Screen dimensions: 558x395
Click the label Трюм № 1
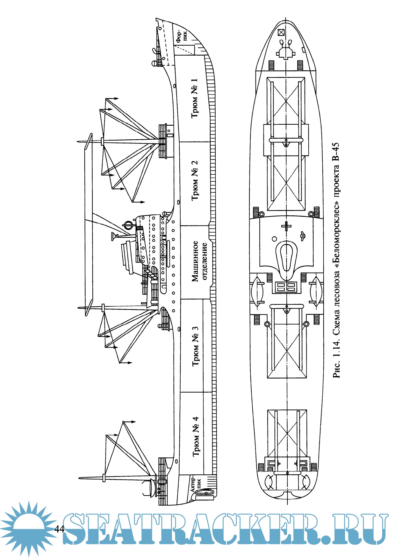coord(194,98)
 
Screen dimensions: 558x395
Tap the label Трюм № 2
coord(194,180)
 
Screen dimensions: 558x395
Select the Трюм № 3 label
coord(195,346)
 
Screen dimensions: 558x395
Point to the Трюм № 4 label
coord(196,436)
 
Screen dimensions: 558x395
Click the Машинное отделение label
coord(199,261)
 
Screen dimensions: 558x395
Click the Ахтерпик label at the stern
coord(196,485)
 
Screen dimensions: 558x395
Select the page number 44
coord(60,529)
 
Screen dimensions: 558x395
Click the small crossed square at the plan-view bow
coord(281,32)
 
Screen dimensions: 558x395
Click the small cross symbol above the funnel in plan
coord(286,227)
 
